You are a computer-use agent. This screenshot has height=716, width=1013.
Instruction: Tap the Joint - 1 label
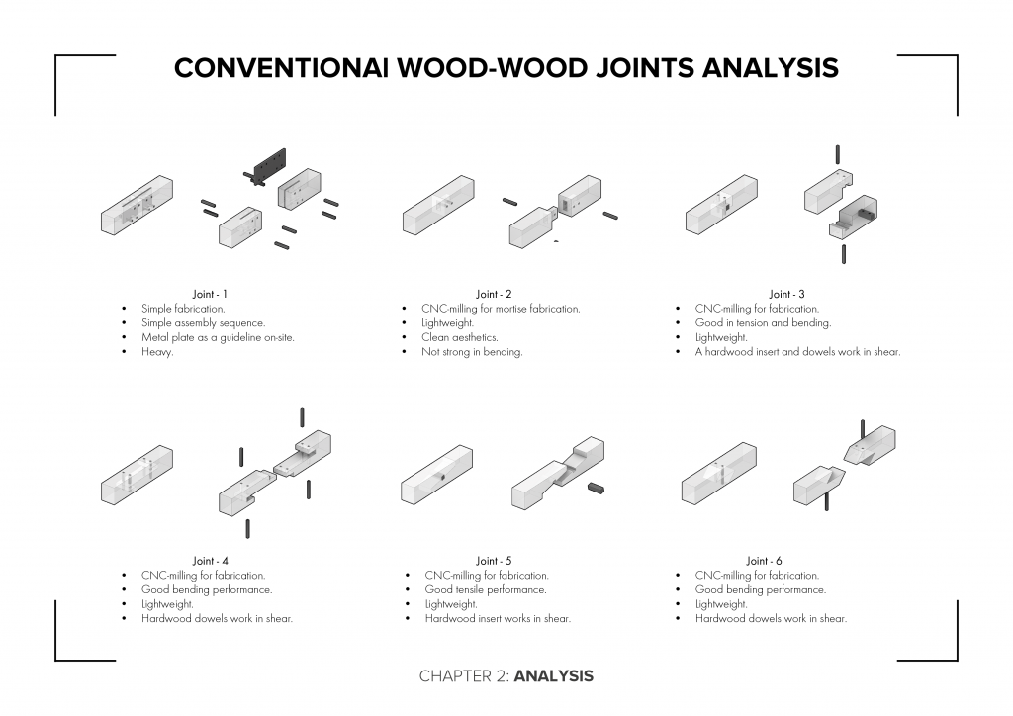click(x=210, y=294)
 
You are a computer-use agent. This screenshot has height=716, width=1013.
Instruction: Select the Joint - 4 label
click(x=210, y=561)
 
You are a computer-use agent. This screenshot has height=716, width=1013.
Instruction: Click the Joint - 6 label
click(x=764, y=561)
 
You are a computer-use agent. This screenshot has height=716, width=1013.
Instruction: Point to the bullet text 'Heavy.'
click(x=157, y=352)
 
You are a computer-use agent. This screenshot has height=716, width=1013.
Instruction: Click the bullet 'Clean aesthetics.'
click(x=459, y=337)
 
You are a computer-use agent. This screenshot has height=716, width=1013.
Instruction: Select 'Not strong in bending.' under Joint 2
click(x=472, y=352)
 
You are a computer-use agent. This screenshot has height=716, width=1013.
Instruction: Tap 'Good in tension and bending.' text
click(x=763, y=322)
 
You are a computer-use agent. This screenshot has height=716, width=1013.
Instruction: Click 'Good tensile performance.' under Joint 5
click(x=485, y=589)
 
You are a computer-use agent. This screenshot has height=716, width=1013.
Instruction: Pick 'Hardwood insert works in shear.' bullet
click(x=498, y=619)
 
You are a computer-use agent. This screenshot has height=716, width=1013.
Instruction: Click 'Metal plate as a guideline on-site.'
click(x=218, y=337)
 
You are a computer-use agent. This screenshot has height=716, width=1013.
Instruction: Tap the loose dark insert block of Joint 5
click(x=595, y=488)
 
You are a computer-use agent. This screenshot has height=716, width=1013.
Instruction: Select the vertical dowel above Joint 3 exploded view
click(x=838, y=153)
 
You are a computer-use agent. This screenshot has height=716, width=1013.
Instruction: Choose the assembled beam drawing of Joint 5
click(x=437, y=475)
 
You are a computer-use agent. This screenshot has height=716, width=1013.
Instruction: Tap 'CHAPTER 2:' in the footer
click(x=464, y=676)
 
